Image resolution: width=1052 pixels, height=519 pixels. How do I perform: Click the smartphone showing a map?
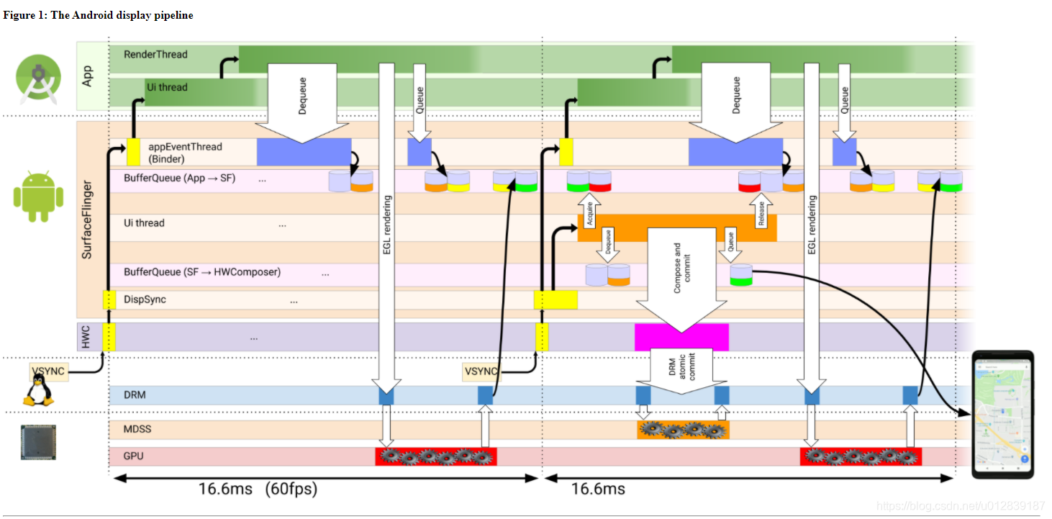click(x=1002, y=414)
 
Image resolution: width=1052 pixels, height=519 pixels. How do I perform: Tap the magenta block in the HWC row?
click(x=681, y=337)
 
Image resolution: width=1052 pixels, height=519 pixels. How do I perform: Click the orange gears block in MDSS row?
click(x=683, y=430)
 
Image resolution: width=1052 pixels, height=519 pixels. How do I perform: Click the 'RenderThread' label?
click(x=155, y=54)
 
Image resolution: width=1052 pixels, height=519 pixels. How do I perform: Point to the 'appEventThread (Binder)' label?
click(x=185, y=152)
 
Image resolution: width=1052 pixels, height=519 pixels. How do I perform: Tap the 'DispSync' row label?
click(x=145, y=299)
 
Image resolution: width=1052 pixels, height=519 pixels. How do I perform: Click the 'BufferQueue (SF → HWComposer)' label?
click(x=202, y=272)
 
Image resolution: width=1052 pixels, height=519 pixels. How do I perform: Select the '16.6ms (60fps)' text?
click(x=258, y=489)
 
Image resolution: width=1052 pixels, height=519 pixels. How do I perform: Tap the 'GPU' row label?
click(x=134, y=456)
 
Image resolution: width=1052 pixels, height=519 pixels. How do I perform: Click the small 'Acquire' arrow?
click(x=589, y=214)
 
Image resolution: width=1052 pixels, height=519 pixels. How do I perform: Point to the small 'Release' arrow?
click(x=761, y=213)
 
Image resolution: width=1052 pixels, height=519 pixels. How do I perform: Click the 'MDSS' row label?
click(x=137, y=429)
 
